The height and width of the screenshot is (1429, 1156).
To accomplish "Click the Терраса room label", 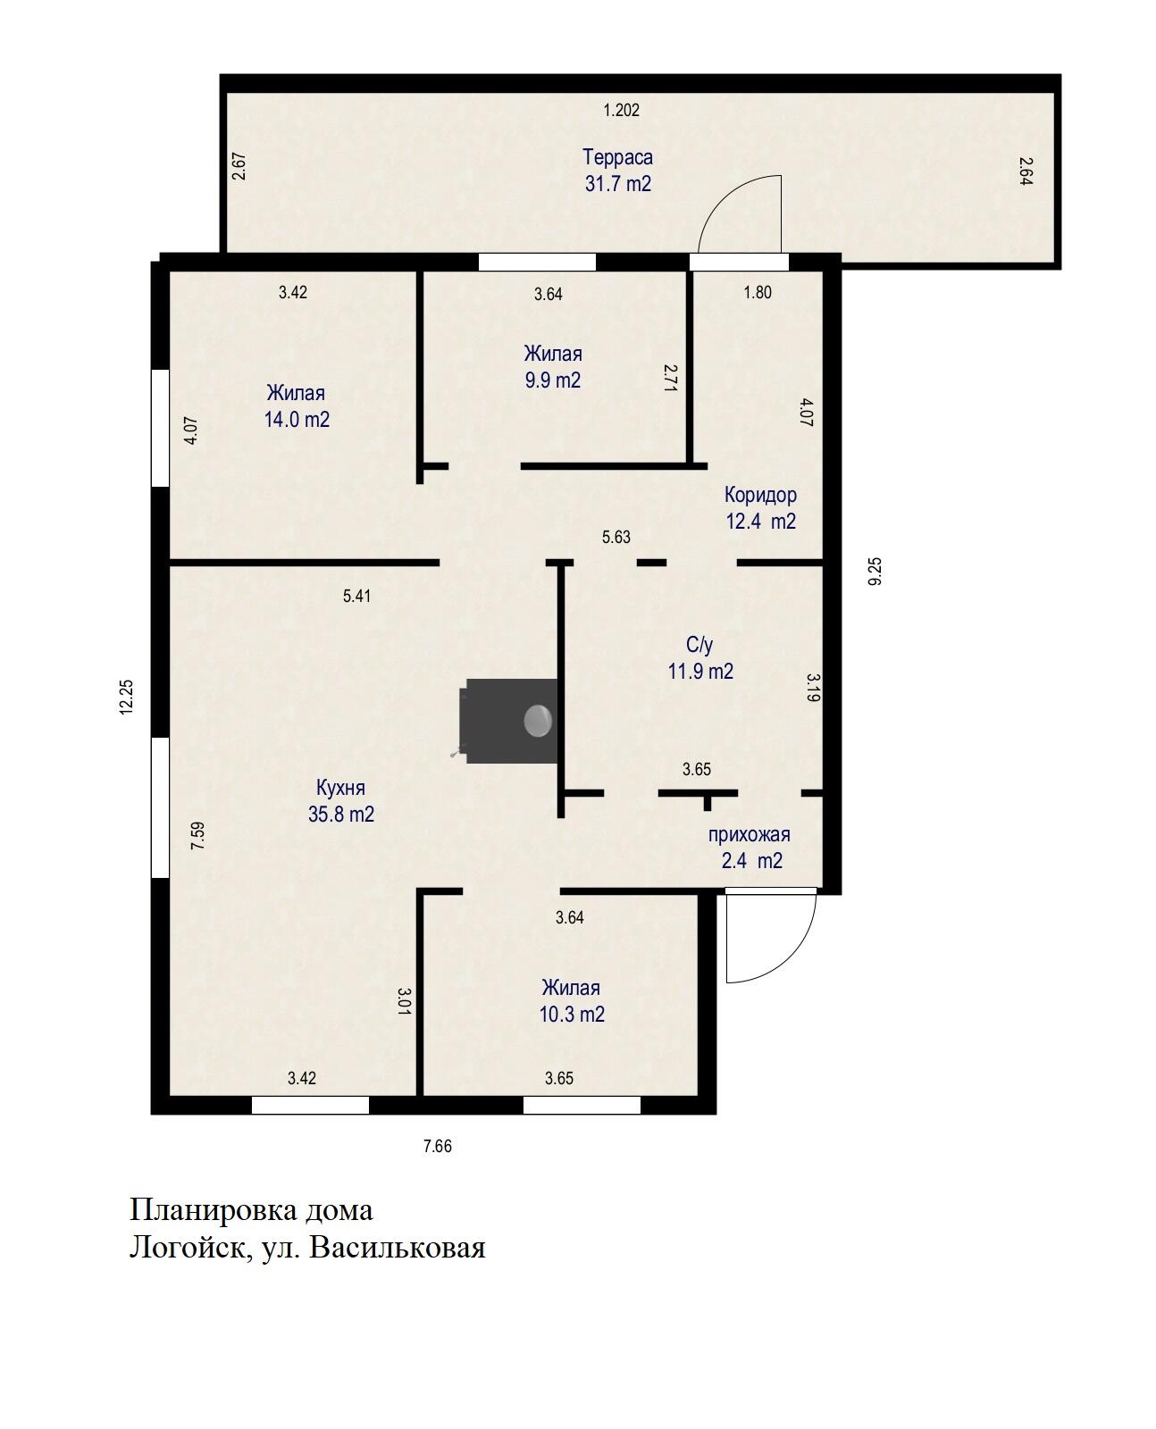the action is click(616, 158).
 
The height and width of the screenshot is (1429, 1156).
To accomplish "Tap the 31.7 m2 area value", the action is click(617, 184).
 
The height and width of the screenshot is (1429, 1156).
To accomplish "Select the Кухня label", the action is click(340, 788).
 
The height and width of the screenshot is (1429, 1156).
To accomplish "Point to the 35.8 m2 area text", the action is click(341, 814).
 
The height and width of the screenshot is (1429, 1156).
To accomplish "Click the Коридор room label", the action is click(760, 495).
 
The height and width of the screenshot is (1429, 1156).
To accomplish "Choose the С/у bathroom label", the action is click(699, 645).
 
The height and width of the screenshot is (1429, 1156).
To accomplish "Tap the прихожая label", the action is click(749, 834).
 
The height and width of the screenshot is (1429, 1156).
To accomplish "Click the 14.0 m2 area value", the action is click(297, 419).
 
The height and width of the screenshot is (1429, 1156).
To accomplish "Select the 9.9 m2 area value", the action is click(552, 380).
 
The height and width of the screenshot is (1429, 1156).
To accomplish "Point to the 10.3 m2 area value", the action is click(572, 1014).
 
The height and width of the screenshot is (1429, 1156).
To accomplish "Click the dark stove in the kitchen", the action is click(508, 721).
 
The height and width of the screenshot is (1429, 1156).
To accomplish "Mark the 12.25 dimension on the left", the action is click(127, 698).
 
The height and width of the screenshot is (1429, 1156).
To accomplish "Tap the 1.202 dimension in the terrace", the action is click(621, 110).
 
